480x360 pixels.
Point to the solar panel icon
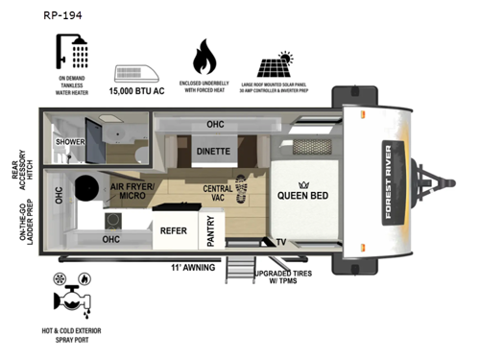click(x=280, y=63)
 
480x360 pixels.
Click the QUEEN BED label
click(x=305, y=194)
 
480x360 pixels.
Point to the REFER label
click(x=173, y=229)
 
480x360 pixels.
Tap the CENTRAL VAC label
click(x=217, y=195)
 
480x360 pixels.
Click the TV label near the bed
click(x=280, y=241)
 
